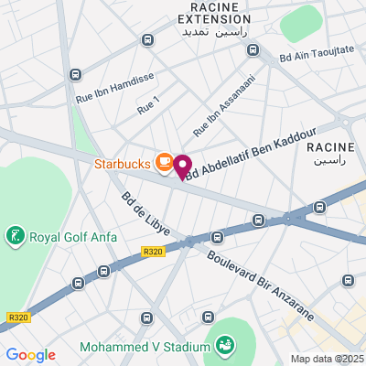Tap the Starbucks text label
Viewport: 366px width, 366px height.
point(123,166)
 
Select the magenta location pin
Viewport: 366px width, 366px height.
point(182,167)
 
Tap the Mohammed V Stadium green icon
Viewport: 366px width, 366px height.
point(223,345)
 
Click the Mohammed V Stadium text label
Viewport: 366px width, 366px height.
point(145,347)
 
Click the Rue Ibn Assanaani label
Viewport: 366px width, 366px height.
point(223,107)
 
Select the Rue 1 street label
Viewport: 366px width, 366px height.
point(148,106)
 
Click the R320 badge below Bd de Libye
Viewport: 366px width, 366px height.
point(153,250)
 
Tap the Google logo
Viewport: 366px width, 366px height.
point(30,354)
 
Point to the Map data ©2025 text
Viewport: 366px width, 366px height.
point(326,359)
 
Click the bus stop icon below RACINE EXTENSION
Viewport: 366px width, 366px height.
point(148,39)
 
